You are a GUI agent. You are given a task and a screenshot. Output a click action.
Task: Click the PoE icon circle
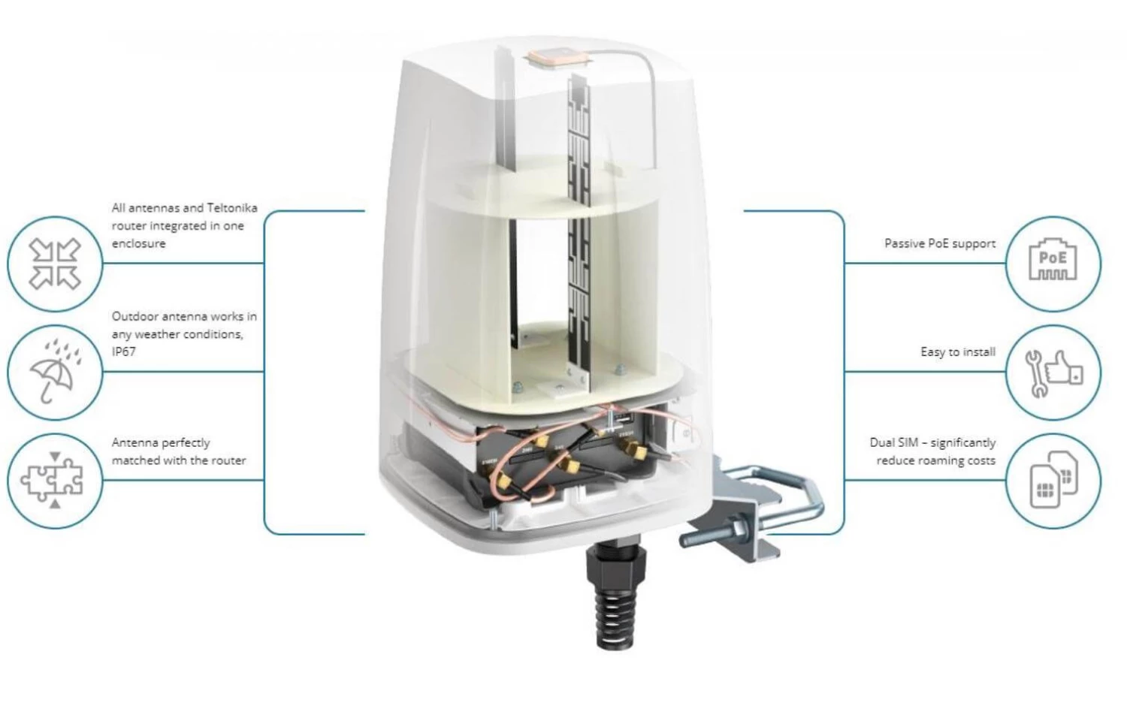pos(1053,264)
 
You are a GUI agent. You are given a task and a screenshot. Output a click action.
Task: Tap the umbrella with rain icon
pos(55,372)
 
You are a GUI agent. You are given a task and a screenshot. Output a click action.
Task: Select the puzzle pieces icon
pos(55,481)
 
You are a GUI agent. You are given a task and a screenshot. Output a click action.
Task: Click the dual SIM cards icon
pos(1053,481)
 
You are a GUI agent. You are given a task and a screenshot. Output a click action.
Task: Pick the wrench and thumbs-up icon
pos(1053,373)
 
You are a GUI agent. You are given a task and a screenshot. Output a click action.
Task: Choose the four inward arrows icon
pos(55,264)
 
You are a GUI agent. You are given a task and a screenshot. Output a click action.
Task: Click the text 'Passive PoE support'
pos(939,243)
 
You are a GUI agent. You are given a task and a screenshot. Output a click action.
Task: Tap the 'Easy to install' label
pos(957,351)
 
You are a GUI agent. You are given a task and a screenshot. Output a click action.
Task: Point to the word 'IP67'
pos(124,351)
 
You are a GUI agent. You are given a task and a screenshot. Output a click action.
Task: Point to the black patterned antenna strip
pos(579,225)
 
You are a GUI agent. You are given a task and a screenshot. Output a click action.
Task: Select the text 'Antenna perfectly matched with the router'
pos(179,451)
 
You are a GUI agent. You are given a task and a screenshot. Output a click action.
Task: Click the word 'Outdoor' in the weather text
pos(135,316)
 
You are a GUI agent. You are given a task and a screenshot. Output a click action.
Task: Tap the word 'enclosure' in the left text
pos(139,243)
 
